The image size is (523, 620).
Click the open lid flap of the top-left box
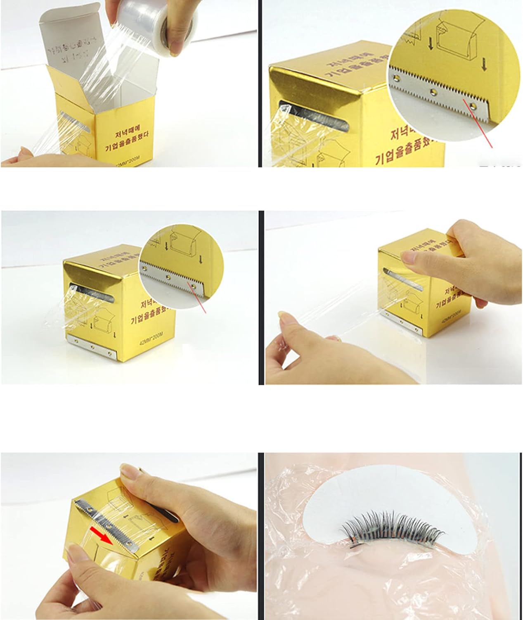point(74,37)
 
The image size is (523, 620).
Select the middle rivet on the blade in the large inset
point(433,90)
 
